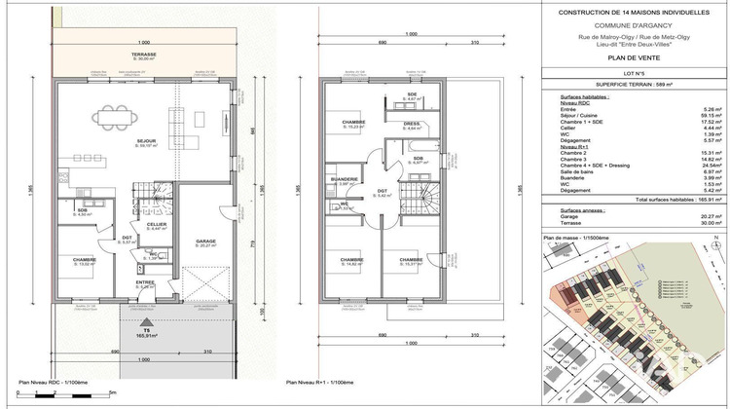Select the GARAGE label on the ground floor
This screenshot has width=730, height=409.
point(205,241)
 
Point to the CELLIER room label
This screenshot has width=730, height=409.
point(156,224)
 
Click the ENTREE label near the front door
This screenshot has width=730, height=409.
point(145,283)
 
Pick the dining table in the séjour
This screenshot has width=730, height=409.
point(117,116)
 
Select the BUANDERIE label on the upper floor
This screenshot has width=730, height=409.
point(345,179)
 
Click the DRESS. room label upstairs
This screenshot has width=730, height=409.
point(412,124)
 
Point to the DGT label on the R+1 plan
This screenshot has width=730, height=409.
point(383,192)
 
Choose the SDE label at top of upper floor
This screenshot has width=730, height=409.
point(412,94)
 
